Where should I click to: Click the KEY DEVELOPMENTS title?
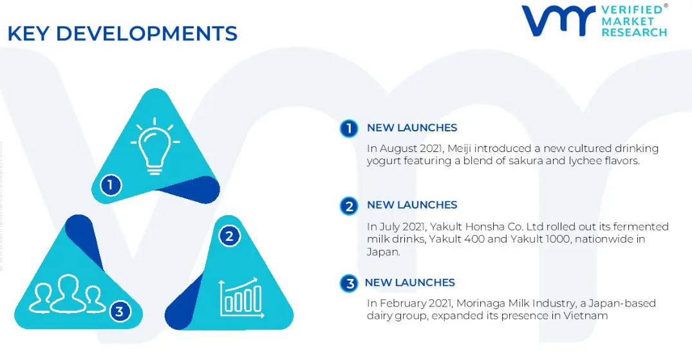pyautogui.click(x=122, y=33)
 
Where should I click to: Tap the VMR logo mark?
pyautogui.click(x=559, y=21)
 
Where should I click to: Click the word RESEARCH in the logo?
pyautogui.click(x=634, y=32)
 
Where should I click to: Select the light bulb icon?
pyautogui.click(x=154, y=146)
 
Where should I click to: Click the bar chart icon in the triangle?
pyautogui.click(x=241, y=298)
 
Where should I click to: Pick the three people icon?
pyautogui.click(x=67, y=294)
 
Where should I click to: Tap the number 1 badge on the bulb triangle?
pyautogui.click(x=110, y=185)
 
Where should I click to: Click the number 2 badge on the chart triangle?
pyautogui.click(x=229, y=236)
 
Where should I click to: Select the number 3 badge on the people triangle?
pyautogui.click(x=119, y=312)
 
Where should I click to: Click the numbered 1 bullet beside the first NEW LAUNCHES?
pyautogui.click(x=349, y=129)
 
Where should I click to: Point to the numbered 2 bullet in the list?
pyautogui.click(x=349, y=206)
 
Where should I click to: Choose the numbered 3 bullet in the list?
pyautogui.click(x=349, y=283)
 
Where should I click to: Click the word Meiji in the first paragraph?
pyautogui.click(x=460, y=149)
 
